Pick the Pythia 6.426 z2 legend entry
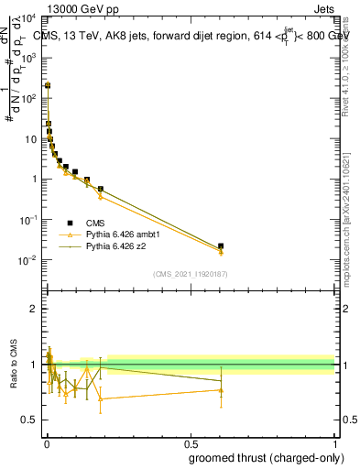point(117,246)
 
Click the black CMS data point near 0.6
point(220,245)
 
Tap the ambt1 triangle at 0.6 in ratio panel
point(220,390)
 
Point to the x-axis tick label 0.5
point(191,444)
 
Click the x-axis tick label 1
point(334,444)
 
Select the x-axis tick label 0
point(47,444)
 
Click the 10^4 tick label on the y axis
point(28,17)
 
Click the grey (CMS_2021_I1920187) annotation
point(191,274)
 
